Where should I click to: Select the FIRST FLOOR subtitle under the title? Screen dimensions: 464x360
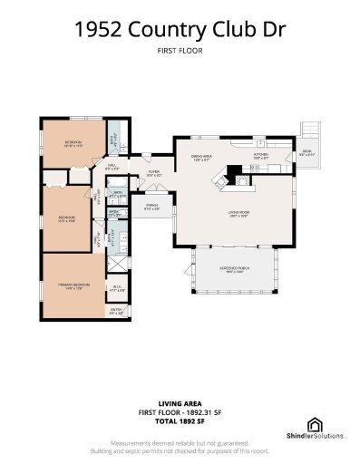click(x=180, y=52)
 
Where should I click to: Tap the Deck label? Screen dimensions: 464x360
click(x=307, y=151)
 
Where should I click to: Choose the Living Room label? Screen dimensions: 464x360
click(x=238, y=214)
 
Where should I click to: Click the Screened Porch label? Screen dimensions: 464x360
click(x=236, y=270)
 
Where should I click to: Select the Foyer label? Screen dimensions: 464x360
click(x=154, y=173)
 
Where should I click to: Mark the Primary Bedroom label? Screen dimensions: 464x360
click(x=69, y=285)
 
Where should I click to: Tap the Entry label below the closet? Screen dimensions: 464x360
click(x=116, y=312)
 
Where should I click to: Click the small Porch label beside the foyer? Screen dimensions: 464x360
click(x=152, y=207)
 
